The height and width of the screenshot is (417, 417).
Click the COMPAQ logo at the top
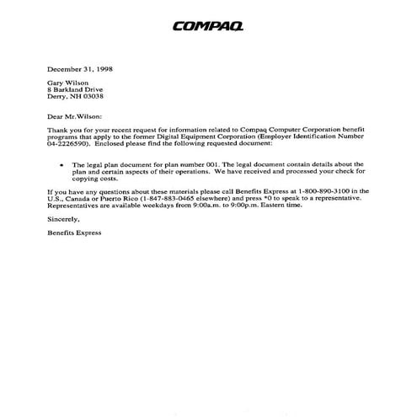coord(208,26)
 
